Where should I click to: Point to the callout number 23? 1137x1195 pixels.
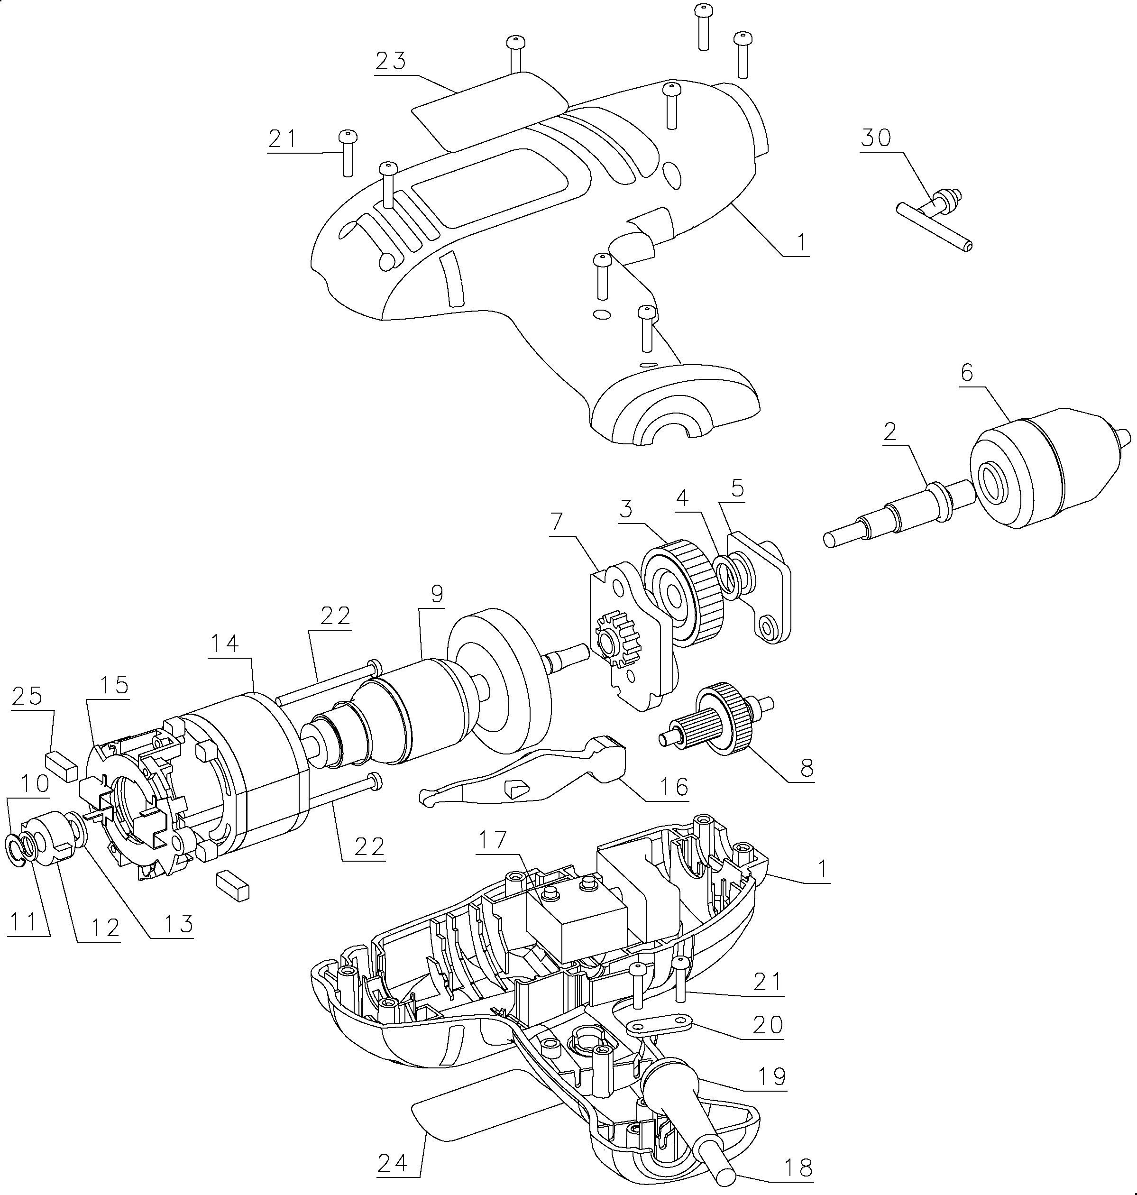coord(390,61)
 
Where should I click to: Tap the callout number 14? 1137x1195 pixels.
coord(224,643)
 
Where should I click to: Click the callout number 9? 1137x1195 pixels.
coord(437,594)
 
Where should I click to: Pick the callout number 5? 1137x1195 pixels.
coord(737,489)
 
